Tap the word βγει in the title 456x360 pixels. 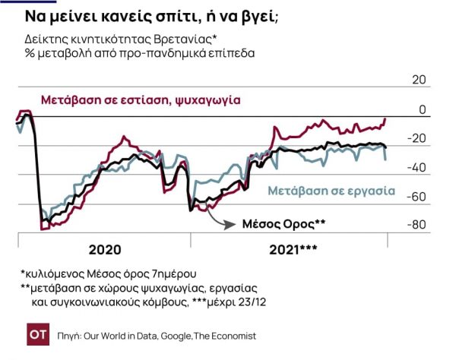(259, 17)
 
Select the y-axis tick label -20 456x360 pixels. (418, 139)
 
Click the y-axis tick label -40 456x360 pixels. (418, 168)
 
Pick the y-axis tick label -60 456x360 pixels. (418, 197)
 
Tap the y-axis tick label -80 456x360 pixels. (418, 226)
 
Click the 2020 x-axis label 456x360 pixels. (104, 249)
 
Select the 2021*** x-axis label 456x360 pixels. (293, 249)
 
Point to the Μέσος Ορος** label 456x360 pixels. (283, 224)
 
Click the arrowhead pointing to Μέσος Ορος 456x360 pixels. (232, 224)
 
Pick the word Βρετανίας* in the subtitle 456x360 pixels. (190, 39)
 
